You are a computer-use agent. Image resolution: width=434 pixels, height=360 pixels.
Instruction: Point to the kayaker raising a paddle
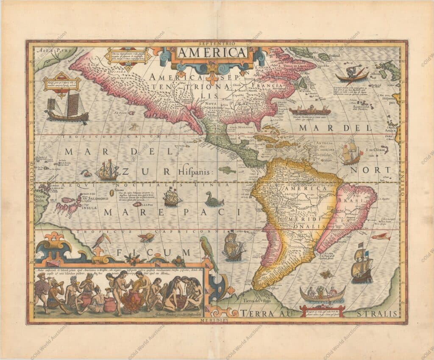point(352,73)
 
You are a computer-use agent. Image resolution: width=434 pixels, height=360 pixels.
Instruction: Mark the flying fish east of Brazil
point(381,236)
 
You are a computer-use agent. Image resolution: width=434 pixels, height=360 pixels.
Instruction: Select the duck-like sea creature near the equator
point(214,199)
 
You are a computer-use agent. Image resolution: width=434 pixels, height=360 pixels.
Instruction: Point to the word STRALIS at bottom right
point(381,313)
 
